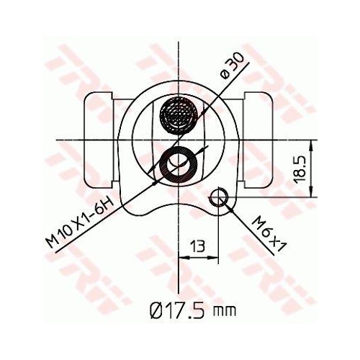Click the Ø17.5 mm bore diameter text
192,310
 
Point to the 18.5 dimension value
301,168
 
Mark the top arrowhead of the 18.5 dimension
312,144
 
